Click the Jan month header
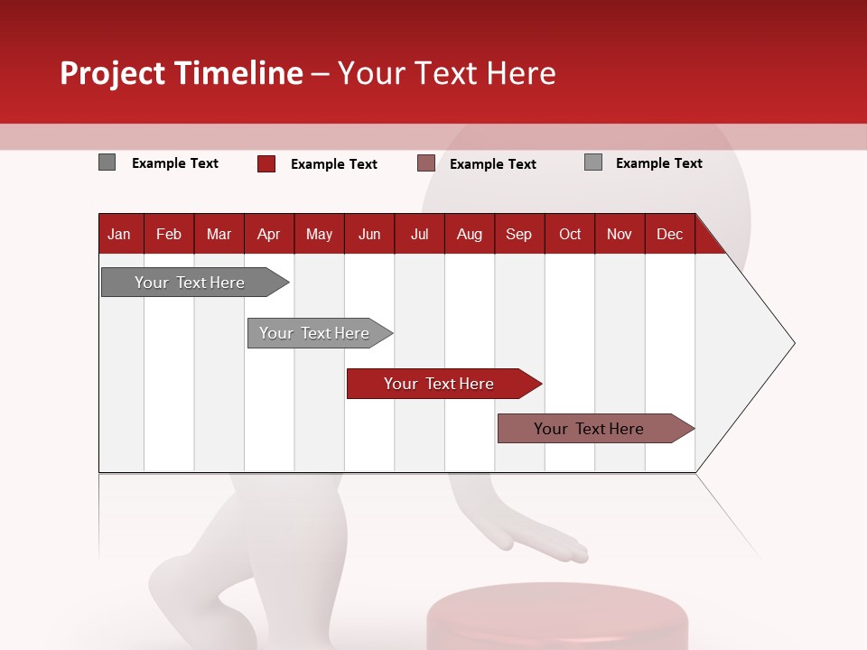120,235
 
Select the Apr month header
269,235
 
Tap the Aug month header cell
470,235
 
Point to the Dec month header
670,235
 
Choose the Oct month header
570,235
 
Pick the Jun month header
369,235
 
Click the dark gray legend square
107,162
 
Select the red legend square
266,163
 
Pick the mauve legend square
426,163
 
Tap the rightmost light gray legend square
593,162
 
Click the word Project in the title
112,73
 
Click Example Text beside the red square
334,164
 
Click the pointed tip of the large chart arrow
793,343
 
